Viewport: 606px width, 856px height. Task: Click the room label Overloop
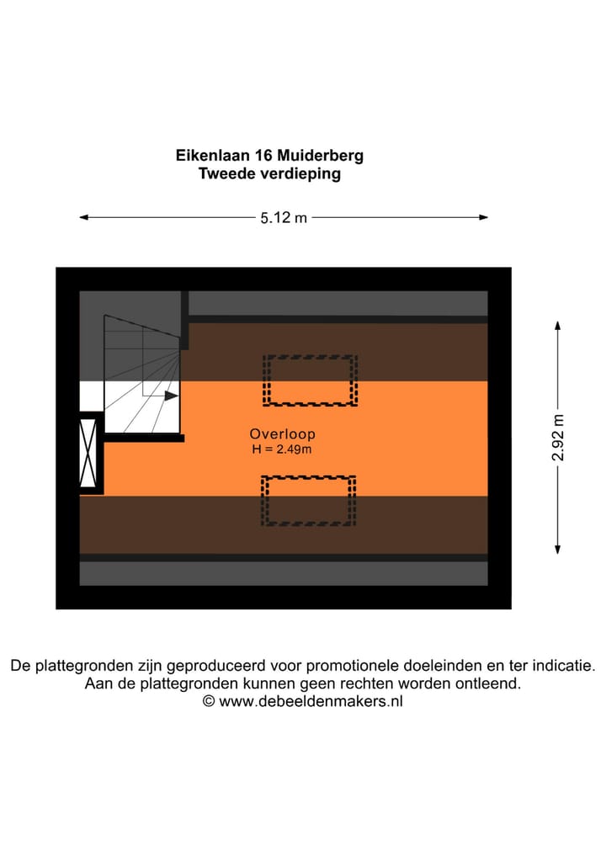282,434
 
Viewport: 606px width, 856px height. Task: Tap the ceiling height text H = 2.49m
282,449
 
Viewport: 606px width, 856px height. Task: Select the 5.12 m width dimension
283,218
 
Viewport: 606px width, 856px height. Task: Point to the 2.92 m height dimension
558,437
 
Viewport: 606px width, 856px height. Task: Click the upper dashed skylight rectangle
310,380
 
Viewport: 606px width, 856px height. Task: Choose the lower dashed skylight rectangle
308,501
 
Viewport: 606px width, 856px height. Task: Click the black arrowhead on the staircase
171,396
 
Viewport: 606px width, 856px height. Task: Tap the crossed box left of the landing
88,453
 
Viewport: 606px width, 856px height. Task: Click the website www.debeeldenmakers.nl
311,701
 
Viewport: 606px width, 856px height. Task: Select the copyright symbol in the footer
209,701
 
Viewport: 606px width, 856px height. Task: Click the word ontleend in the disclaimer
491,683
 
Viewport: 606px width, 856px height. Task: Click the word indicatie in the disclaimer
564,665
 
